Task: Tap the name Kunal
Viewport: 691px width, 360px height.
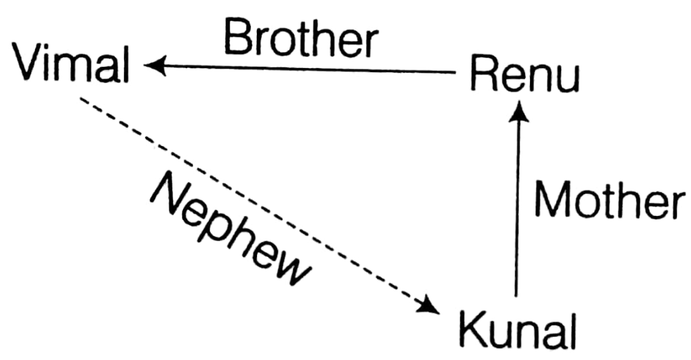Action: tap(517, 330)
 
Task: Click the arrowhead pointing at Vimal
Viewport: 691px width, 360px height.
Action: tap(154, 66)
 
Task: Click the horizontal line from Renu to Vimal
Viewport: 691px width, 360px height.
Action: tap(305, 69)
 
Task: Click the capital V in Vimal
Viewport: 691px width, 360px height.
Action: tap(30, 64)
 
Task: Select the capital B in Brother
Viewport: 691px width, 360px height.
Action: tap(237, 40)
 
